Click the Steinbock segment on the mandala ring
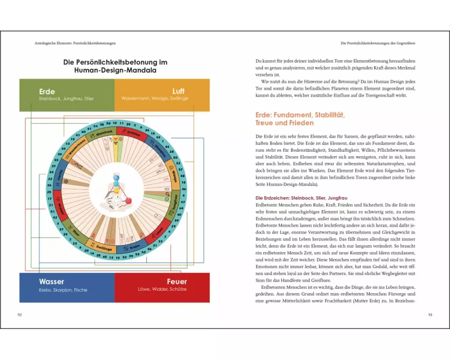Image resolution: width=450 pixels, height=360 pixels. pyautogui.click(x=104, y=134)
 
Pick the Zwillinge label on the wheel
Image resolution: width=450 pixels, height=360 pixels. pyautogui.click(x=104, y=247)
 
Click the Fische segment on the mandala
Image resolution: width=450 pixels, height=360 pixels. pyautogui.click(x=59, y=177)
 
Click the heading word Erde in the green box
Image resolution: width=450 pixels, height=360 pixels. pyautogui.click(x=47, y=91)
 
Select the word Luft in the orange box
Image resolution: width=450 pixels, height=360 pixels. pyautogui.click(x=178, y=91)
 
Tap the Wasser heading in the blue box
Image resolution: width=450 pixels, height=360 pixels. pyautogui.click(x=52, y=282)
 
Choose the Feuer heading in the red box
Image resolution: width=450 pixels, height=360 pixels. pyautogui.click(x=176, y=282)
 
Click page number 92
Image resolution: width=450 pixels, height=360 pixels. pyautogui.click(x=19, y=315)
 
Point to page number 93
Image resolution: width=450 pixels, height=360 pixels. pyautogui.click(x=430, y=315)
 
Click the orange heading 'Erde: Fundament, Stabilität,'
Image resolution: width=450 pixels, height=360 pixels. pyautogui.click(x=300, y=115)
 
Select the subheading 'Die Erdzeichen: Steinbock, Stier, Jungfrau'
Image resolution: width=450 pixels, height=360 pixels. pyautogui.click(x=304, y=198)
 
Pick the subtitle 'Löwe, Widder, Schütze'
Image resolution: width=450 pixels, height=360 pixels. pyautogui.click(x=162, y=289)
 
